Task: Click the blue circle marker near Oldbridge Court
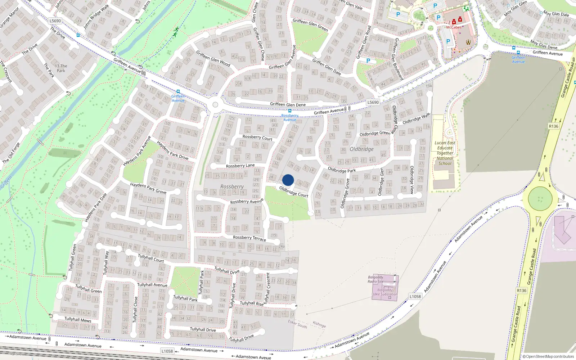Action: [288, 180]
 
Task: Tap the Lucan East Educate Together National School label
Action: [445, 153]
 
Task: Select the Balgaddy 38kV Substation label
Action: [384, 292]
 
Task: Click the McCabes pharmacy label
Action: [454, 27]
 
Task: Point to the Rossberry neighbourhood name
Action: [232, 186]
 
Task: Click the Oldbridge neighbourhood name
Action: [361, 149]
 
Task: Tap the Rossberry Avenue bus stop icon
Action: [290, 111]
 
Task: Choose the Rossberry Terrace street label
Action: [249, 238]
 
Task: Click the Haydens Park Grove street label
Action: [148, 188]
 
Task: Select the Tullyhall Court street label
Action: [151, 258]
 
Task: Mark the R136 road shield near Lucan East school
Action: [553, 126]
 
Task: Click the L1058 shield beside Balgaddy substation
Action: [415, 297]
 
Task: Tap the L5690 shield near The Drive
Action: [55, 21]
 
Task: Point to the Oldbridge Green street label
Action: [375, 133]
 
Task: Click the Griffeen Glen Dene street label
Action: [288, 105]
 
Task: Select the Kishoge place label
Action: [319, 324]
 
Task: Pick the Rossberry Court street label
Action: [257, 138]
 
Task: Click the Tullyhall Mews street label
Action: [78, 320]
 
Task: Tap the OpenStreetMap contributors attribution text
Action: [548, 357]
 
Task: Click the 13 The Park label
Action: [61, 68]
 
